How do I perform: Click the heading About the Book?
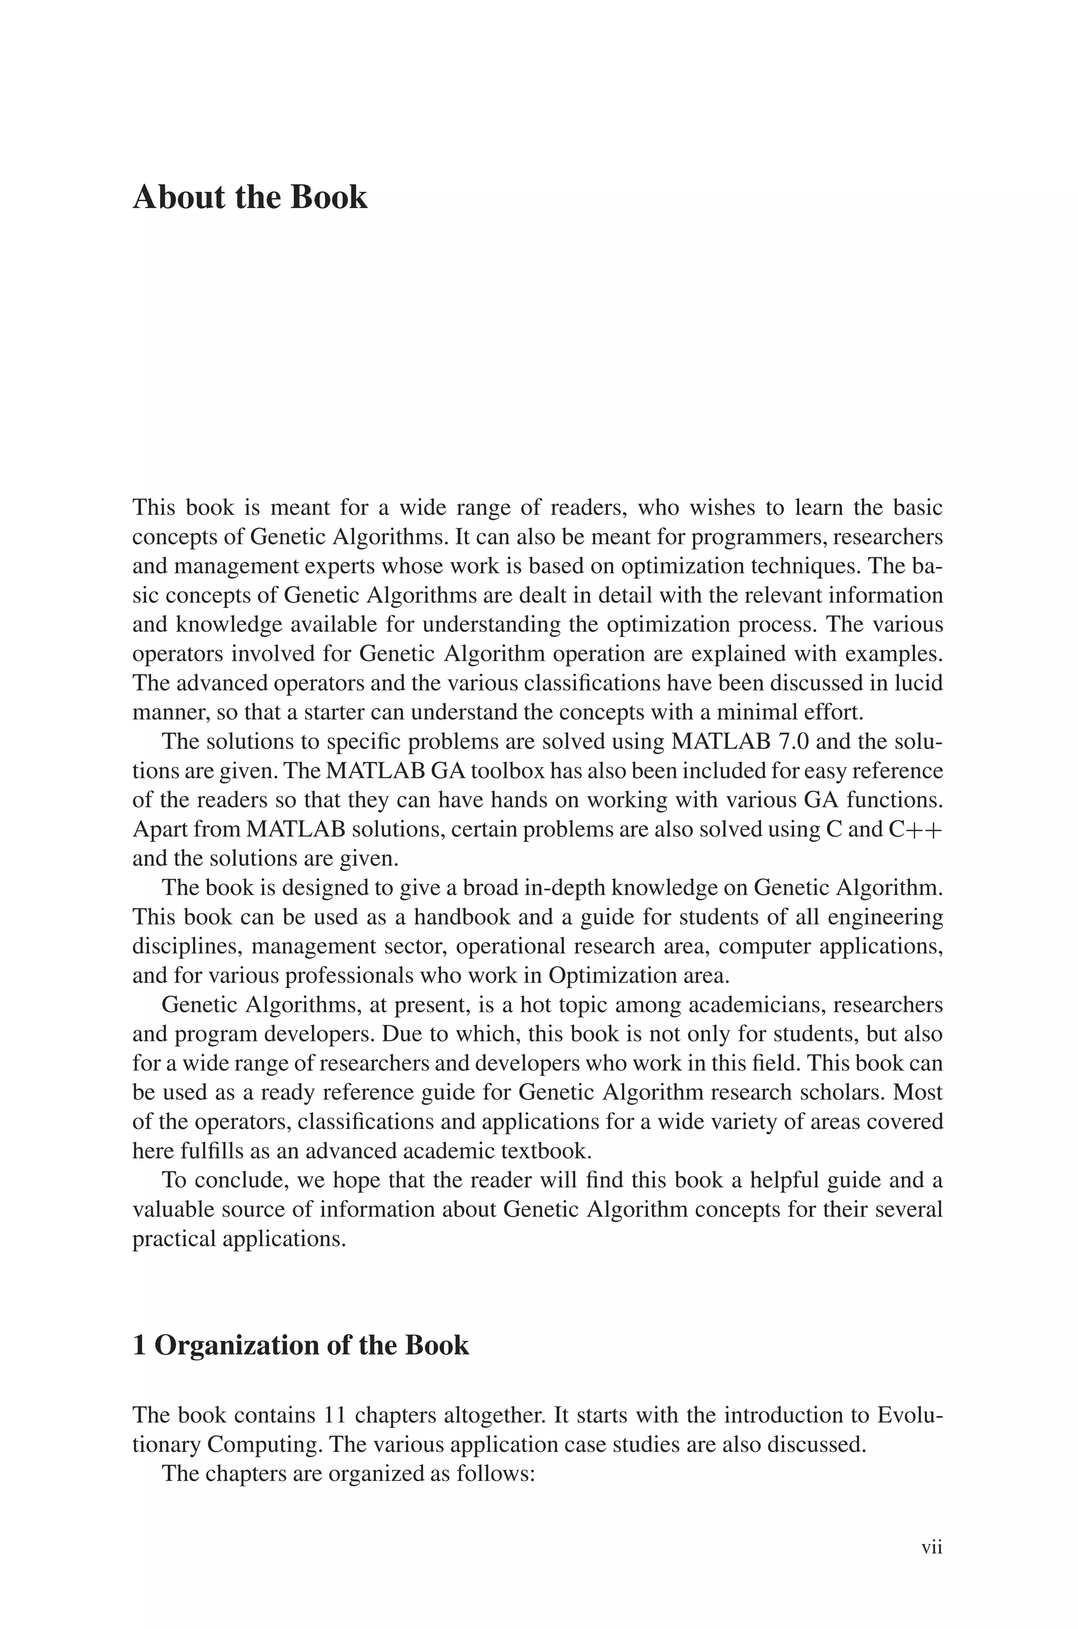tap(249, 198)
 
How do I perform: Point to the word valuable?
tap(177, 1209)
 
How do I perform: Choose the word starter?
tap(333, 712)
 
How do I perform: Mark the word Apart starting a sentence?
tap(159, 830)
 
